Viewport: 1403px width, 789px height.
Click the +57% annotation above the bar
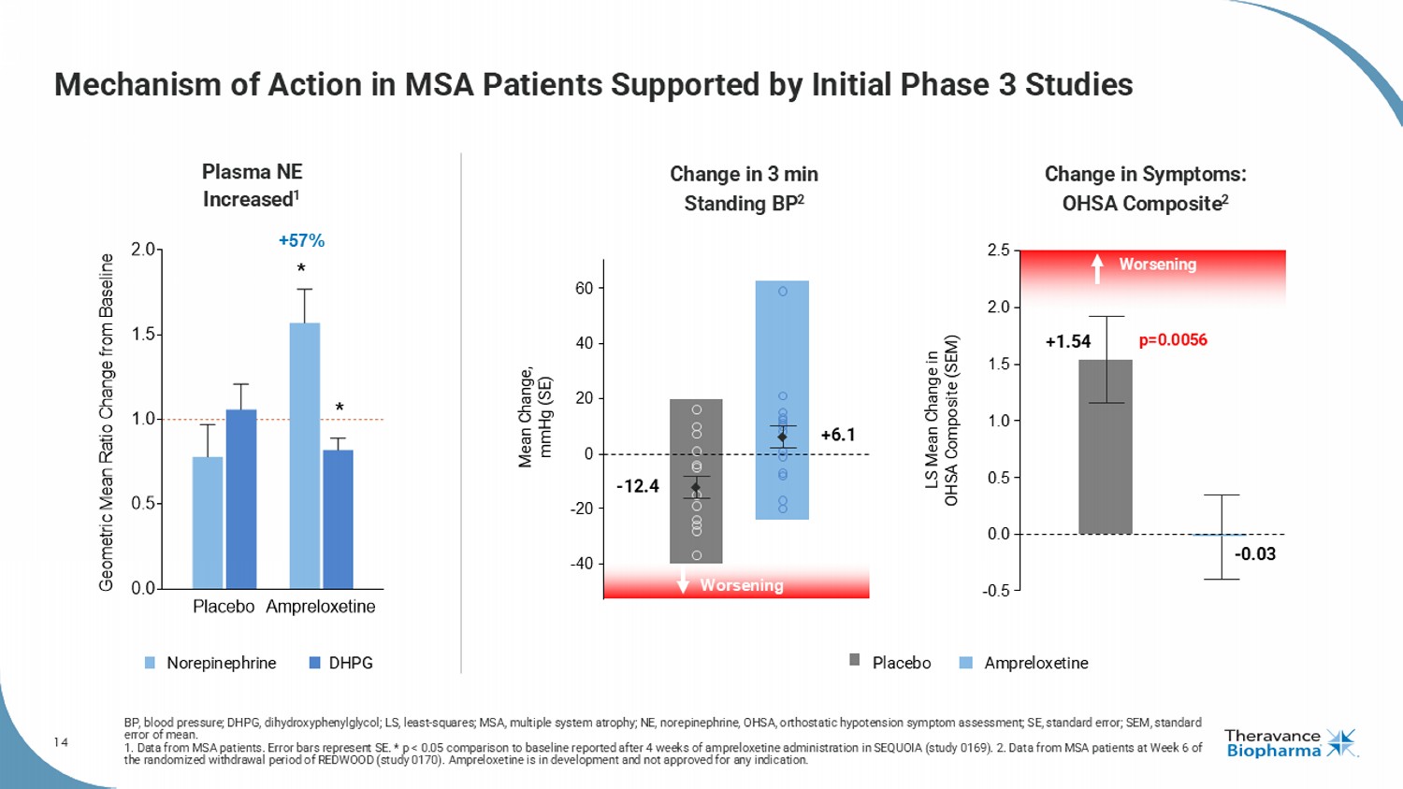pos(301,241)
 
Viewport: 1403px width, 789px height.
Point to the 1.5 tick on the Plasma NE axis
pos(143,334)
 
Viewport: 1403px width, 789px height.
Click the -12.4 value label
pos(637,486)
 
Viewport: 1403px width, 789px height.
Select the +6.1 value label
pos(838,435)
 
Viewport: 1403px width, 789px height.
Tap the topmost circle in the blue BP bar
pos(783,292)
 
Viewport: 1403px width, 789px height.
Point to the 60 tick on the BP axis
pos(584,288)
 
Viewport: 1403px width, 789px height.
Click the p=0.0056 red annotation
pos(1173,340)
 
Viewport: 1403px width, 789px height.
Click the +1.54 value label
pos(1067,342)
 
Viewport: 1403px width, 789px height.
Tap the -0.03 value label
pos(1254,554)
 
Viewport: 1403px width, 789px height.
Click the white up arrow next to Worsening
pos(1097,267)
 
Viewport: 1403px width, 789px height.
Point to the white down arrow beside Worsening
pos(683,583)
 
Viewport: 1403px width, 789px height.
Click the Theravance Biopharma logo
pos(1290,743)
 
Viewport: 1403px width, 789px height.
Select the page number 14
pos(61,742)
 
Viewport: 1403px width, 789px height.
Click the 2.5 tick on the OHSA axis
pos(998,251)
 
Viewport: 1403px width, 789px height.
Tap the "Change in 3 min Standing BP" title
pos(744,189)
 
